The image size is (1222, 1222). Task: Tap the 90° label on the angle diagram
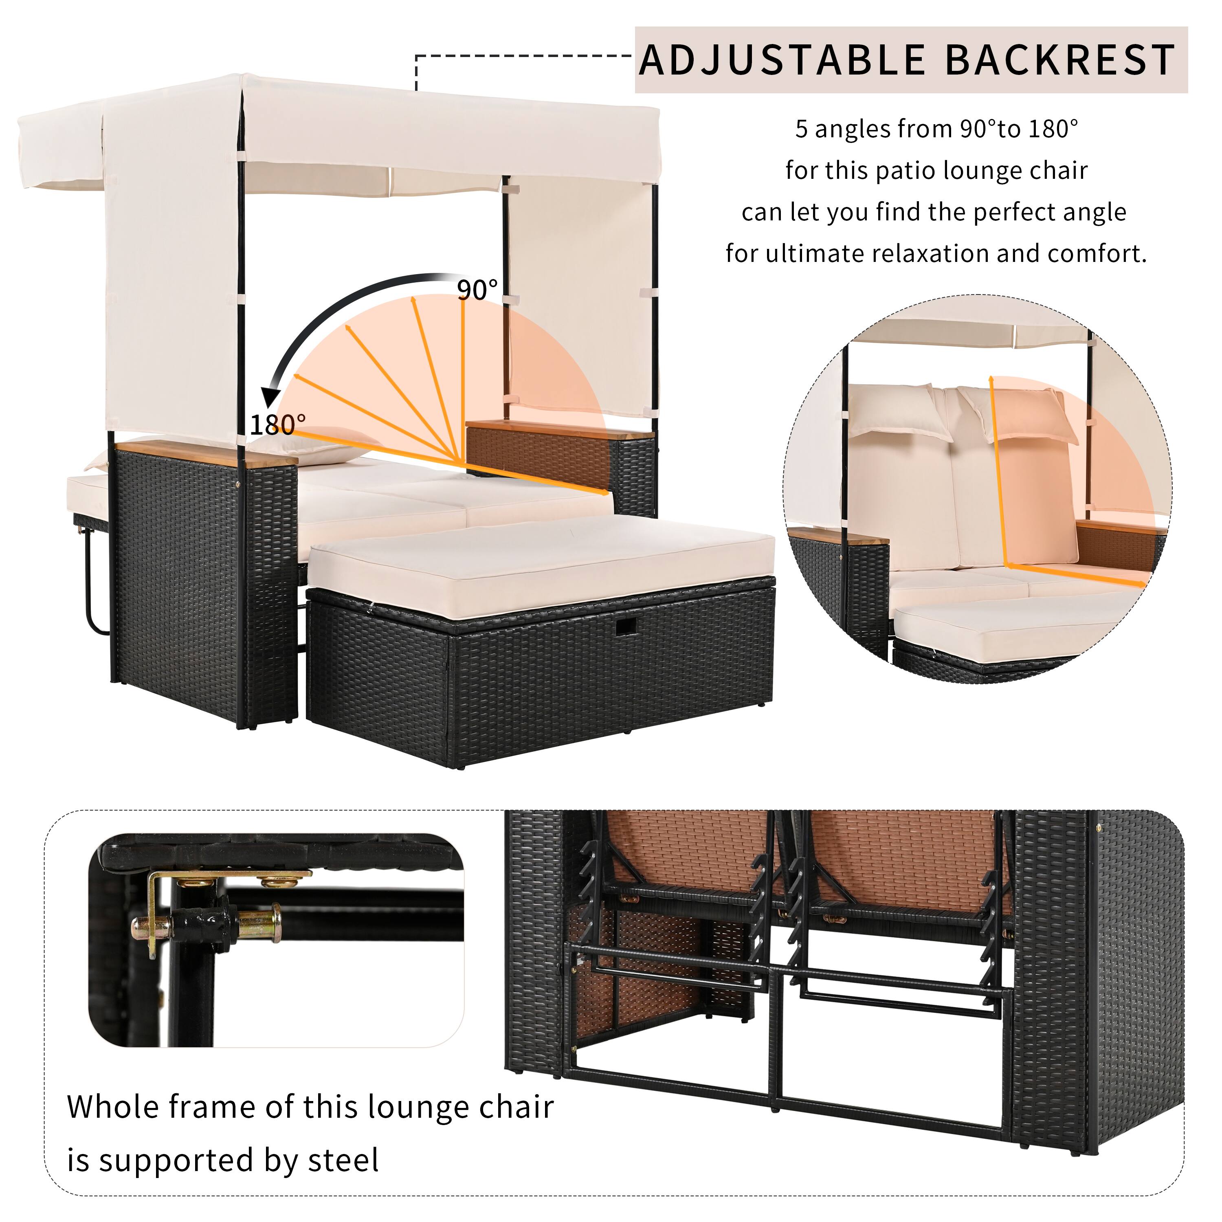[x=477, y=290]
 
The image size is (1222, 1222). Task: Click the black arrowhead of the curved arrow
[x=273, y=397]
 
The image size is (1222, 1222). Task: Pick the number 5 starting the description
[x=801, y=130]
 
